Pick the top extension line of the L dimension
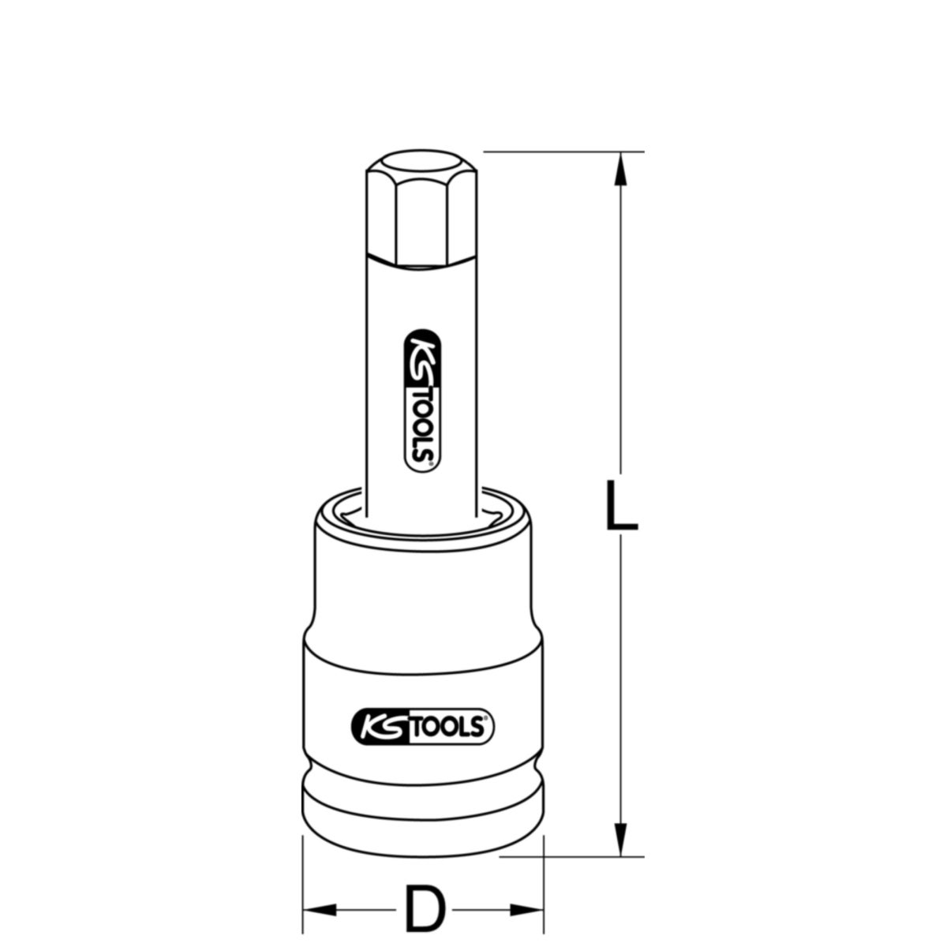[552, 151]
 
